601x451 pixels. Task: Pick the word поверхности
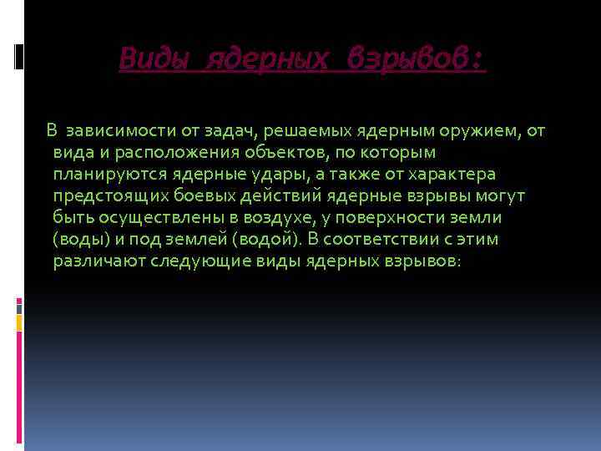click(x=370, y=217)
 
